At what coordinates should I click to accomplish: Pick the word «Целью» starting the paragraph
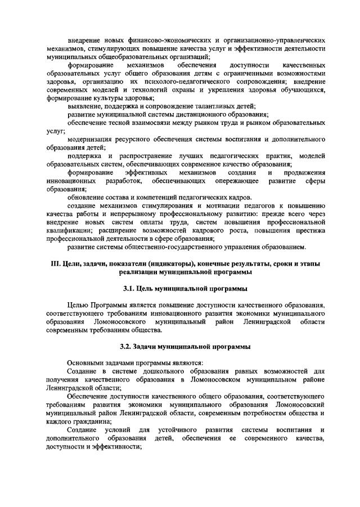click(78, 305)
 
